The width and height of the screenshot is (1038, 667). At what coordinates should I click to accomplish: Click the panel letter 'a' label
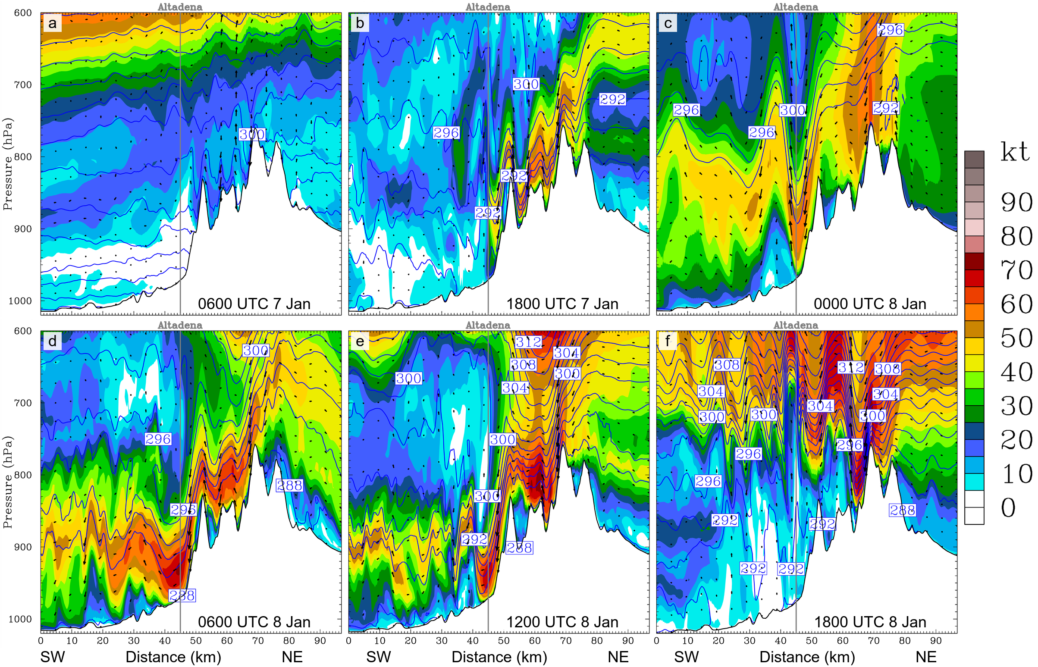coord(53,23)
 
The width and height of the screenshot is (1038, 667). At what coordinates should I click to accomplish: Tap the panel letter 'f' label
coord(668,341)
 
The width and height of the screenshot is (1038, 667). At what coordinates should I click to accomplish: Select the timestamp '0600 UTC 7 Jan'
coord(254,304)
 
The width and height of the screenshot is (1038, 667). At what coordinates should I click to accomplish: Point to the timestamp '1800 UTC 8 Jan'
coord(870,622)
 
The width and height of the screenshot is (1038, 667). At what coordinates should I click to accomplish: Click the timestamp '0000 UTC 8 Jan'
coord(870,304)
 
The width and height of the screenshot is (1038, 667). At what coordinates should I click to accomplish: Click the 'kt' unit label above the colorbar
coord(1015,153)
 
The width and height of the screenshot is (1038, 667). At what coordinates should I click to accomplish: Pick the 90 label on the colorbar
coord(1016,202)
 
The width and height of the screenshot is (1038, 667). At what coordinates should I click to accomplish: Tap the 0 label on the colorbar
coord(1008,507)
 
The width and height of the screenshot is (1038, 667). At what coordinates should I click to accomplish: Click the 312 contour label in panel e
coord(529,342)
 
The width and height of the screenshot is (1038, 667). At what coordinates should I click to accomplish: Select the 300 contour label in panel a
coord(252,134)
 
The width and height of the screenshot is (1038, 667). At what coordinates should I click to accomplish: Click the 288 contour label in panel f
coord(903,510)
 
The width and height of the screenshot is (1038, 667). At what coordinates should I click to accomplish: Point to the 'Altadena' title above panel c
coord(796,7)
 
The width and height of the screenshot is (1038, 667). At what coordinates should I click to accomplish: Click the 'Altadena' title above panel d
coord(180,325)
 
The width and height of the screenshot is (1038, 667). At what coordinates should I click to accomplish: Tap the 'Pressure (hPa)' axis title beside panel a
coord(7,165)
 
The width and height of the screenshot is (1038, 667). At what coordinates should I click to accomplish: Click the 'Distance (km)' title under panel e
coord(499,657)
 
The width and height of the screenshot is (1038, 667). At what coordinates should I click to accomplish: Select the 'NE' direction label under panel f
coord(926,657)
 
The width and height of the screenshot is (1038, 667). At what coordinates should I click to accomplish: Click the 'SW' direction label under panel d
coord(53,657)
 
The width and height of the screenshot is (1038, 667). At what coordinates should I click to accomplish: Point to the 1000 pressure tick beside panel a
coord(20,301)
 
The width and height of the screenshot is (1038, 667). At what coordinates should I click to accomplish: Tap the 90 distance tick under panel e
coord(628,641)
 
